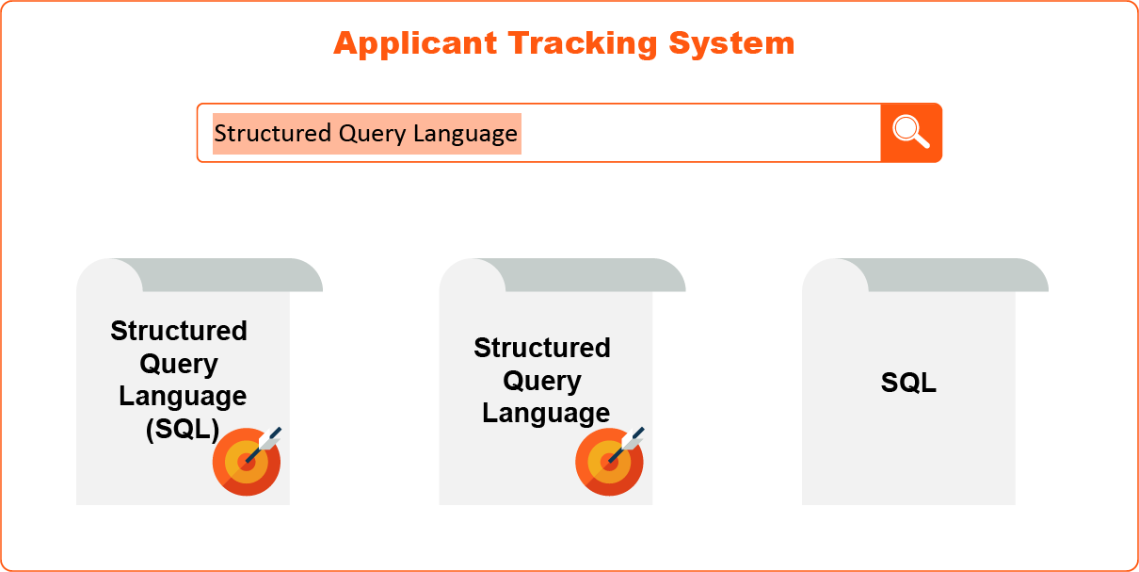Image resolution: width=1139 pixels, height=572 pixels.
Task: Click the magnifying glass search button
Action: tap(910, 133)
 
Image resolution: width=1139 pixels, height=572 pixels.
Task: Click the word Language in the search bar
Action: tap(465, 134)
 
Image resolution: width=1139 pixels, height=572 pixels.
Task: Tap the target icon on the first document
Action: tap(247, 460)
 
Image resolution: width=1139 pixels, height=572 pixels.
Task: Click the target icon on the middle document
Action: tap(610, 460)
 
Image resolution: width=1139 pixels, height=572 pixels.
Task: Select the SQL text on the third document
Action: tap(908, 383)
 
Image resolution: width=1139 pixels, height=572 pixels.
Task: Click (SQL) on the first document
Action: tap(182, 430)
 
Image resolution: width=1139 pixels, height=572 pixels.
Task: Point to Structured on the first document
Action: tap(179, 331)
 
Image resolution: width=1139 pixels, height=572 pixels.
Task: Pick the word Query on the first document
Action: tap(179, 364)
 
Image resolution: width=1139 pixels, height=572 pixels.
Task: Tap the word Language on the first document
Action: tap(183, 397)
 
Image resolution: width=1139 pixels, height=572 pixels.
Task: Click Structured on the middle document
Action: tap(542, 348)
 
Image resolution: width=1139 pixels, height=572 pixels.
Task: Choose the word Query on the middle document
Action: tap(542, 381)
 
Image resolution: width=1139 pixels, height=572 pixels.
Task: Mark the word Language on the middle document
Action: tap(546, 414)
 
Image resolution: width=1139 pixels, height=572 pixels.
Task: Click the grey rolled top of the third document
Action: tap(951, 275)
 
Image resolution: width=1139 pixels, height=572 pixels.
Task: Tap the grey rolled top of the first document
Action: tap(226, 275)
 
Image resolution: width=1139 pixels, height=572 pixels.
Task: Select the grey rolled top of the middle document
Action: tap(588, 275)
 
